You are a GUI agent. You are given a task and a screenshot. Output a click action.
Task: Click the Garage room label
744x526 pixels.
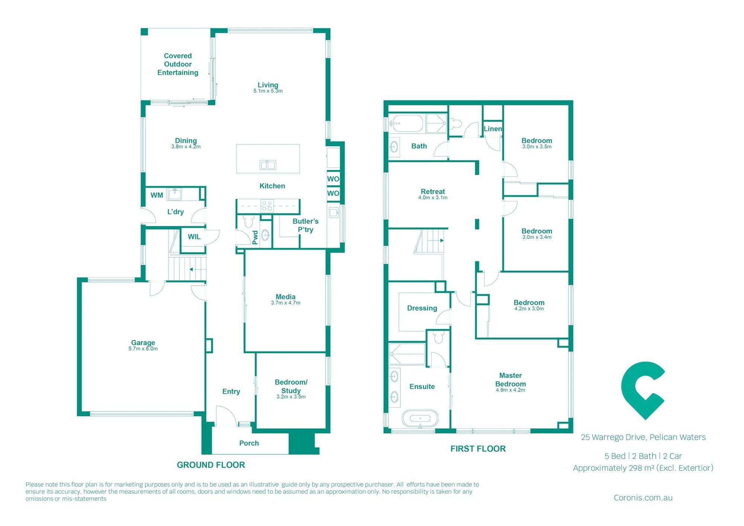click(x=143, y=343)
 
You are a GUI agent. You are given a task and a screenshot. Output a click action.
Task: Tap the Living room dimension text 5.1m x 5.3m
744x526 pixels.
click(x=268, y=91)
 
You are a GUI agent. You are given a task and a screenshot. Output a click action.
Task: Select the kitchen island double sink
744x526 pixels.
click(x=268, y=165)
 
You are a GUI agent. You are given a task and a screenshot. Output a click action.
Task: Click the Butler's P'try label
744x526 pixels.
click(x=305, y=225)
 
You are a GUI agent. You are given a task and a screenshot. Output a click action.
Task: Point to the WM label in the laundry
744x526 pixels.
click(x=157, y=195)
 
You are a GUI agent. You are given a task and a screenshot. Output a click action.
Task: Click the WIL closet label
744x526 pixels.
click(x=194, y=237)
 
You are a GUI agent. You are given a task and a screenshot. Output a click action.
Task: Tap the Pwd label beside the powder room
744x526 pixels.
click(x=255, y=237)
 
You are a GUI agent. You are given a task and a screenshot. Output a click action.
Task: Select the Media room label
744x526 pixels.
click(x=285, y=296)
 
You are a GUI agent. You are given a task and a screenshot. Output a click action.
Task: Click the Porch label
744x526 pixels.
click(x=249, y=443)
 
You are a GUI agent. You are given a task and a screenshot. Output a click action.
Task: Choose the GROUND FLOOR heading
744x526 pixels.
click(x=211, y=465)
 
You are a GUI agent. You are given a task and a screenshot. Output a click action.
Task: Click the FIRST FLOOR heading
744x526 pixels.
click(x=478, y=449)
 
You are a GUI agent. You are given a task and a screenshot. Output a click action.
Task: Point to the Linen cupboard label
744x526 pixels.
click(x=493, y=129)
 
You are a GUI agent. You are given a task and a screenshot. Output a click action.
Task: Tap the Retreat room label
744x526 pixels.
click(x=433, y=192)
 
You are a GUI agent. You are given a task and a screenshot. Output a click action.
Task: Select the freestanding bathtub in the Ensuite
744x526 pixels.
click(x=420, y=419)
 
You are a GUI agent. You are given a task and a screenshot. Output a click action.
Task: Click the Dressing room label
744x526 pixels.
click(x=422, y=308)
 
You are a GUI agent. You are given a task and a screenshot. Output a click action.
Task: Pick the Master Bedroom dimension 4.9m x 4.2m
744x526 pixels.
click(x=510, y=390)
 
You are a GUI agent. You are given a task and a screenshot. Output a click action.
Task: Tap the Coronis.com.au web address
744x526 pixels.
click(x=643, y=498)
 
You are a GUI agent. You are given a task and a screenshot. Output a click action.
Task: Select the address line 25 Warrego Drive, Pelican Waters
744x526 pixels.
click(x=643, y=437)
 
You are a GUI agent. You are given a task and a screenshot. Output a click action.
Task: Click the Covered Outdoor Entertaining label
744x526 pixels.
click(x=178, y=64)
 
